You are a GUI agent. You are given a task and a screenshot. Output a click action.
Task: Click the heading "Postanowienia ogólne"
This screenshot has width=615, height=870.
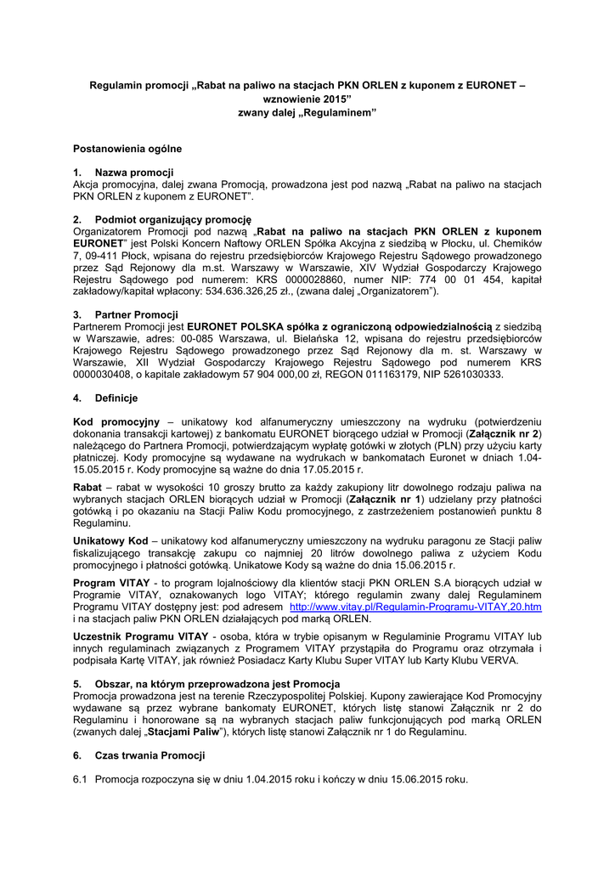[x=127, y=149]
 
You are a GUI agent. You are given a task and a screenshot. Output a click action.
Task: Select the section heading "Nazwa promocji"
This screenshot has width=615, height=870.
[x=134, y=172]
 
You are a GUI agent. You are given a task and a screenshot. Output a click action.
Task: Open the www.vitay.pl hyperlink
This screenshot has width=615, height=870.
[x=415, y=607]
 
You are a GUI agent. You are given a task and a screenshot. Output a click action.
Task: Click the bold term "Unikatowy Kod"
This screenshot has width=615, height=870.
[x=110, y=540]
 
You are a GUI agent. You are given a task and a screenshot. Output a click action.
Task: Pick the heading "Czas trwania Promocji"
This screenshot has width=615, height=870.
[x=150, y=754]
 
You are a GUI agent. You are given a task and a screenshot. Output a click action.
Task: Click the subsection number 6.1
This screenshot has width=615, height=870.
[x=81, y=779]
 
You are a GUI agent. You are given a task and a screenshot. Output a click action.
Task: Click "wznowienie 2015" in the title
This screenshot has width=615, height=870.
[x=307, y=99]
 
